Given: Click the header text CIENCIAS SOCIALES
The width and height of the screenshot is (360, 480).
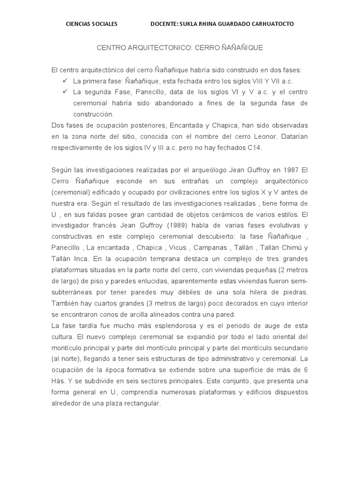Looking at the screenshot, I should [91, 24].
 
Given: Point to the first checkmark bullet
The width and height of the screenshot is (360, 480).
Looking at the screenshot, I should [65, 81].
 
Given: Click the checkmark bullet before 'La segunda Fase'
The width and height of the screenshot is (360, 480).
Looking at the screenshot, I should [65, 92].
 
